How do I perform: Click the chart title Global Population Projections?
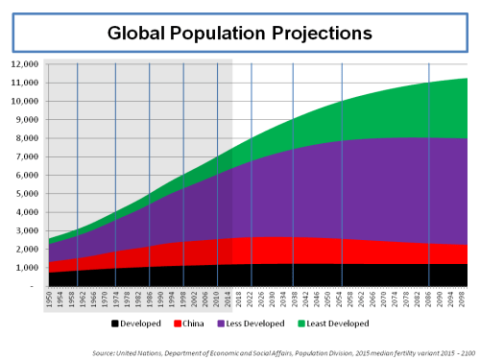pyautogui.click(x=239, y=33)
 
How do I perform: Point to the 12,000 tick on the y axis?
pyautogui.click(x=25, y=64)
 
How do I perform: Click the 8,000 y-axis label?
pyautogui.click(x=27, y=138)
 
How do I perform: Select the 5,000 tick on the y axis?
pyautogui.click(x=27, y=194)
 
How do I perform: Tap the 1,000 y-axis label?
pyautogui.click(x=27, y=268)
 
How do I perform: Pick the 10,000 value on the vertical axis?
pyautogui.click(x=25, y=101)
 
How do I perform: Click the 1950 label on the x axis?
pyautogui.click(x=49, y=300)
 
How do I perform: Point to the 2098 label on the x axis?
pyautogui.click(x=462, y=300)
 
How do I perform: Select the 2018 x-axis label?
pyautogui.click(x=233, y=300)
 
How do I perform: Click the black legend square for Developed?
pyautogui.click(x=115, y=324)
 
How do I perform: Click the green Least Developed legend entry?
pyautogui.click(x=335, y=324)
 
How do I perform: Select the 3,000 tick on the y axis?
pyautogui.click(x=27, y=230)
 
